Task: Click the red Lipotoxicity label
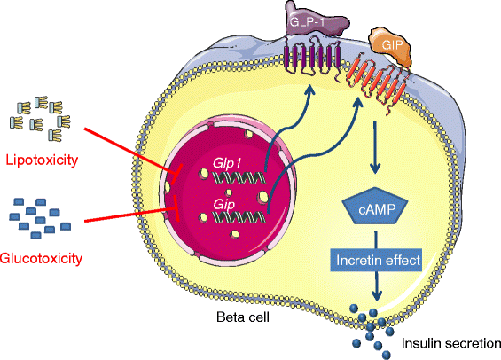point(42,162)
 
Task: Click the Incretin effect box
point(377,262)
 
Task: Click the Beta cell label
point(246,316)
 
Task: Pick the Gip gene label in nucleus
point(223,204)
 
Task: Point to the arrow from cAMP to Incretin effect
point(376,237)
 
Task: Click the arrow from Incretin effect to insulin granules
point(377,287)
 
